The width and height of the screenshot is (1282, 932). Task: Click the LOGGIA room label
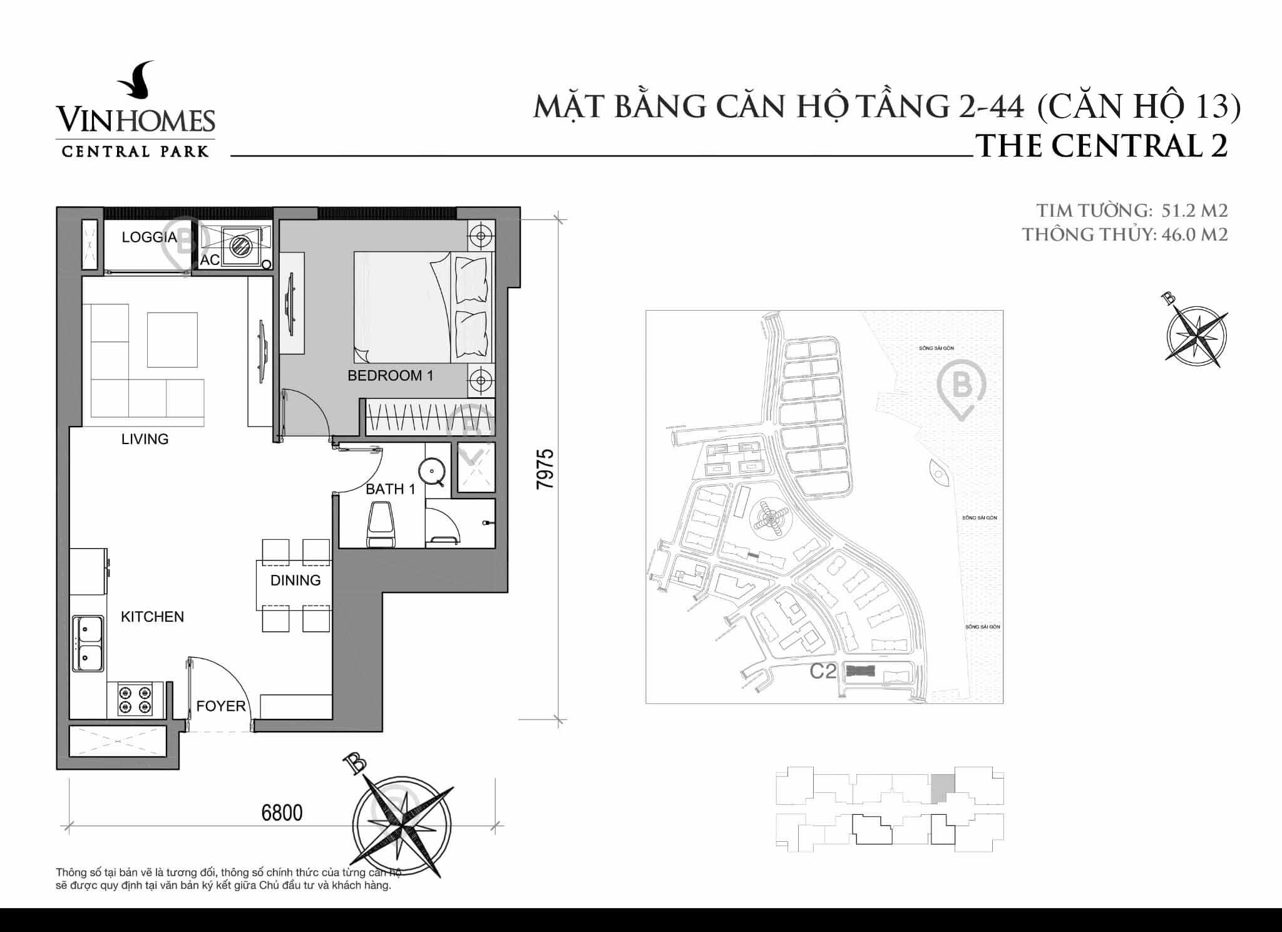[149, 237]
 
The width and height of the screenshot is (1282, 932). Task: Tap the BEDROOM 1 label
[390, 376]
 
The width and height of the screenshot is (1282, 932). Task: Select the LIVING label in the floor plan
[145, 439]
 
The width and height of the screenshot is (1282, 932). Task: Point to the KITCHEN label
[152, 617]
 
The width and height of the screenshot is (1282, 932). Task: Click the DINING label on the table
[295, 581]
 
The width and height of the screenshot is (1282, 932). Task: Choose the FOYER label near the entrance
[220, 707]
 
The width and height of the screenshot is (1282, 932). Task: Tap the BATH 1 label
[390, 489]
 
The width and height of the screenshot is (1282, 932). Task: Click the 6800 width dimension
[282, 813]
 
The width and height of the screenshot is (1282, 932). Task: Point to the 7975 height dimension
[545, 469]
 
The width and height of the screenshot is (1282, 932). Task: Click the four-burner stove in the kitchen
[135, 700]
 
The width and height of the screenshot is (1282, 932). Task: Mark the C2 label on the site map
[823, 671]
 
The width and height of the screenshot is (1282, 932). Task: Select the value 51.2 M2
[1194, 210]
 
